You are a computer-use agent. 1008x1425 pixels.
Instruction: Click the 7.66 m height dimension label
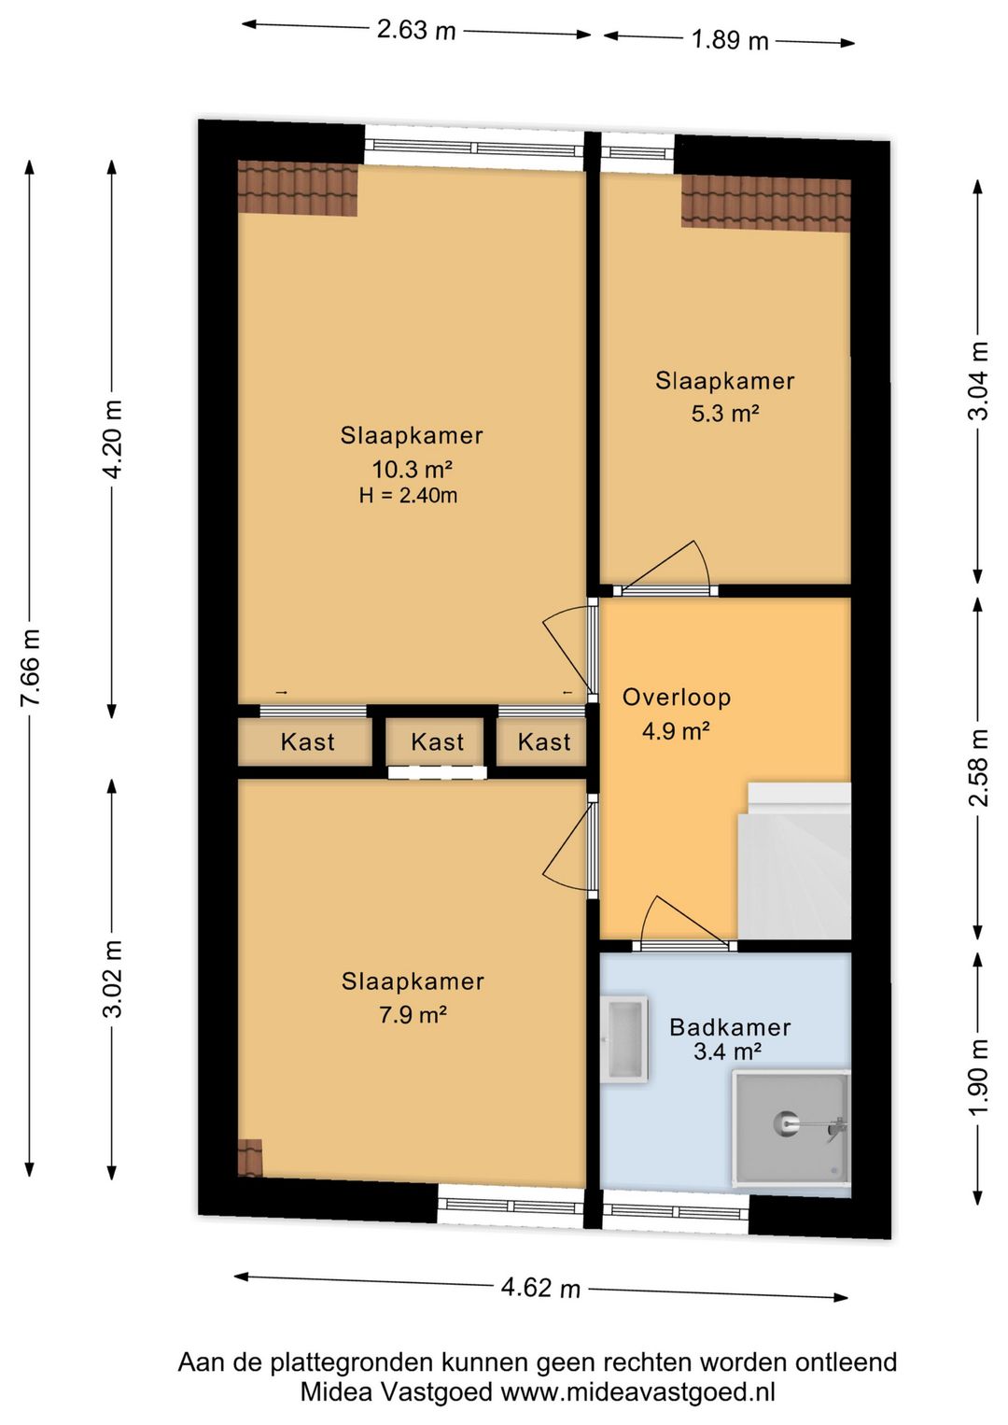click(31, 667)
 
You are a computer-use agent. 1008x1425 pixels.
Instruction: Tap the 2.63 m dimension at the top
click(416, 29)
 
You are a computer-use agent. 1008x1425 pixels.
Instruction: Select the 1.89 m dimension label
click(730, 40)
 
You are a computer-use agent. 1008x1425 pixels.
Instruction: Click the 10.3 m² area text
click(413, 470)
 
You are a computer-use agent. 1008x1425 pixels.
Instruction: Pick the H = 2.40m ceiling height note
click(408, 496)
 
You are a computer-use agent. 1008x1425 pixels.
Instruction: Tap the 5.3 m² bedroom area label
click(725, 414)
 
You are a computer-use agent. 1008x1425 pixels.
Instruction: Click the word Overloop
click(677, 698)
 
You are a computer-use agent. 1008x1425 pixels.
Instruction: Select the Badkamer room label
click(730, 1027)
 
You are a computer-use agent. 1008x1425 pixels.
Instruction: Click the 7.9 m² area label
click(413, 1014)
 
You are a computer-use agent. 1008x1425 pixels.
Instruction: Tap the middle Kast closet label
click(437, 741)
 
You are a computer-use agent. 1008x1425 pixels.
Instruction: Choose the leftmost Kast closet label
click(308, 741)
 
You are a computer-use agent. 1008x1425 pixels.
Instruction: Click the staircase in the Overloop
click(794, 860)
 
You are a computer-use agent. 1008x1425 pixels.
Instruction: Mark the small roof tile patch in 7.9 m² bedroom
click(249, 1159)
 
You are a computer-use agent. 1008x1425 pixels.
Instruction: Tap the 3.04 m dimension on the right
click(979, 380)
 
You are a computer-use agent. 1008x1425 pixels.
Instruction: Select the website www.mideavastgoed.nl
click(637, 1392)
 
